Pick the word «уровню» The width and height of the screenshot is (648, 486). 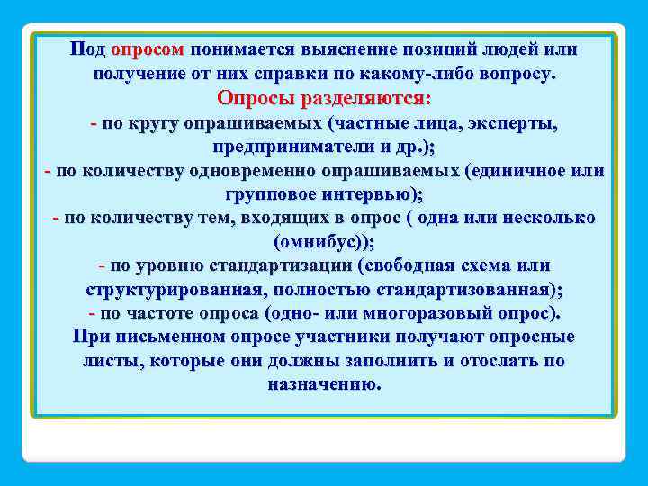[170, 266]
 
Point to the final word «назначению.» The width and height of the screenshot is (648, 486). [324, 384]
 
